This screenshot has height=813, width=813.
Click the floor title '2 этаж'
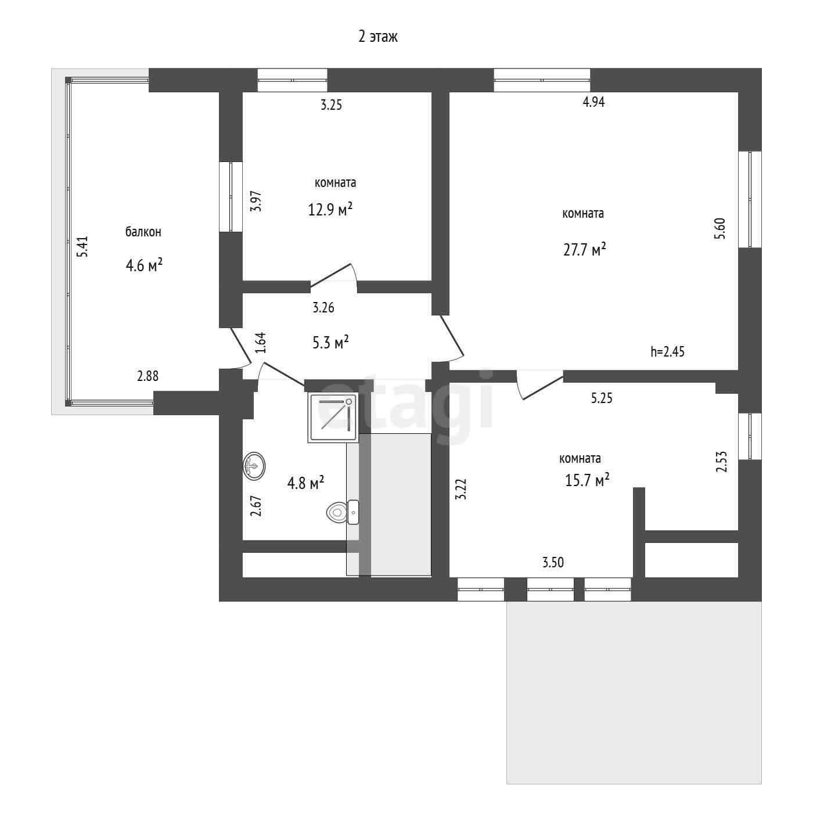click(377, 37)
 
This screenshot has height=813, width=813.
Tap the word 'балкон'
click(143, 232)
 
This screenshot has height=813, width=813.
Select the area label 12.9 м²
click(330, 209)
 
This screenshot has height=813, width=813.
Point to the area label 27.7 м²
click(585, 249)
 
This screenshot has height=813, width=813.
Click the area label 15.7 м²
click(587, 480)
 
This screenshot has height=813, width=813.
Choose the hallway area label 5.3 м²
click(331, 342)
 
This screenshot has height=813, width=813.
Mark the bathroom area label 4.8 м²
click(305, 483)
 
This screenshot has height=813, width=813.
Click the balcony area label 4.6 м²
click(144, 265)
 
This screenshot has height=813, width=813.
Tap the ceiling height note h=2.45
click(667, 351)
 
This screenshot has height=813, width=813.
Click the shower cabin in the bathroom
click(333, 418)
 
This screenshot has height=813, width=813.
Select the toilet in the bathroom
click(343, 512)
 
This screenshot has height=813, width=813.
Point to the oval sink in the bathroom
click(254, 466)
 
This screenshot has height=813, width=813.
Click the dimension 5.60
click(720, 228)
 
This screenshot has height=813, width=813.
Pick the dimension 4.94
click(593, 102)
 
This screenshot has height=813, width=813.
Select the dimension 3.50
click(553, 562)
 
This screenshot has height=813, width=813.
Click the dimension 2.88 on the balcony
click(148, 376)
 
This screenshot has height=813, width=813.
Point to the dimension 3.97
click(256, 202)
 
